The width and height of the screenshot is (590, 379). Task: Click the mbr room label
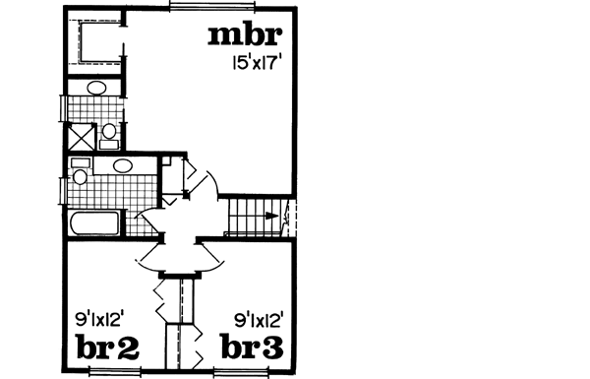(246, 36)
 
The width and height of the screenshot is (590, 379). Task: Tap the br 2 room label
(107, 348)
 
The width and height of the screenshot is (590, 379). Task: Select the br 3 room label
(252, 348)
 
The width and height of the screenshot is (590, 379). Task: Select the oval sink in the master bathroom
(97, 89)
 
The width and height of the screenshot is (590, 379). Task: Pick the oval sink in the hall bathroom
(121, 166)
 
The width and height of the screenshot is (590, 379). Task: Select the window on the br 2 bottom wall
(117, 371)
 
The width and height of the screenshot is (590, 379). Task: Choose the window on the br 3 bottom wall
(242, 371)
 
